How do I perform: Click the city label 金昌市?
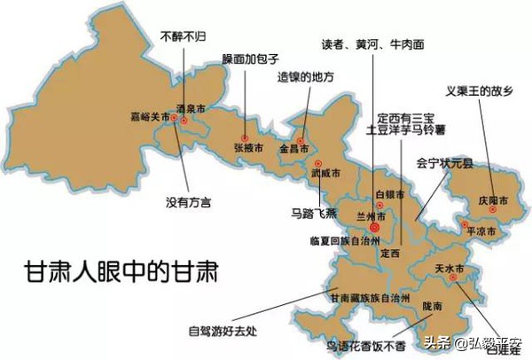[x=294, y=151]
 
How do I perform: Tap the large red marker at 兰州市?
[x=374, y=228]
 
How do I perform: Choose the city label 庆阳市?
[x=493, y=201]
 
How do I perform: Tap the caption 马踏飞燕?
[x=313, y=213]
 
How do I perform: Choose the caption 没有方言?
[x=190, y=203]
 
